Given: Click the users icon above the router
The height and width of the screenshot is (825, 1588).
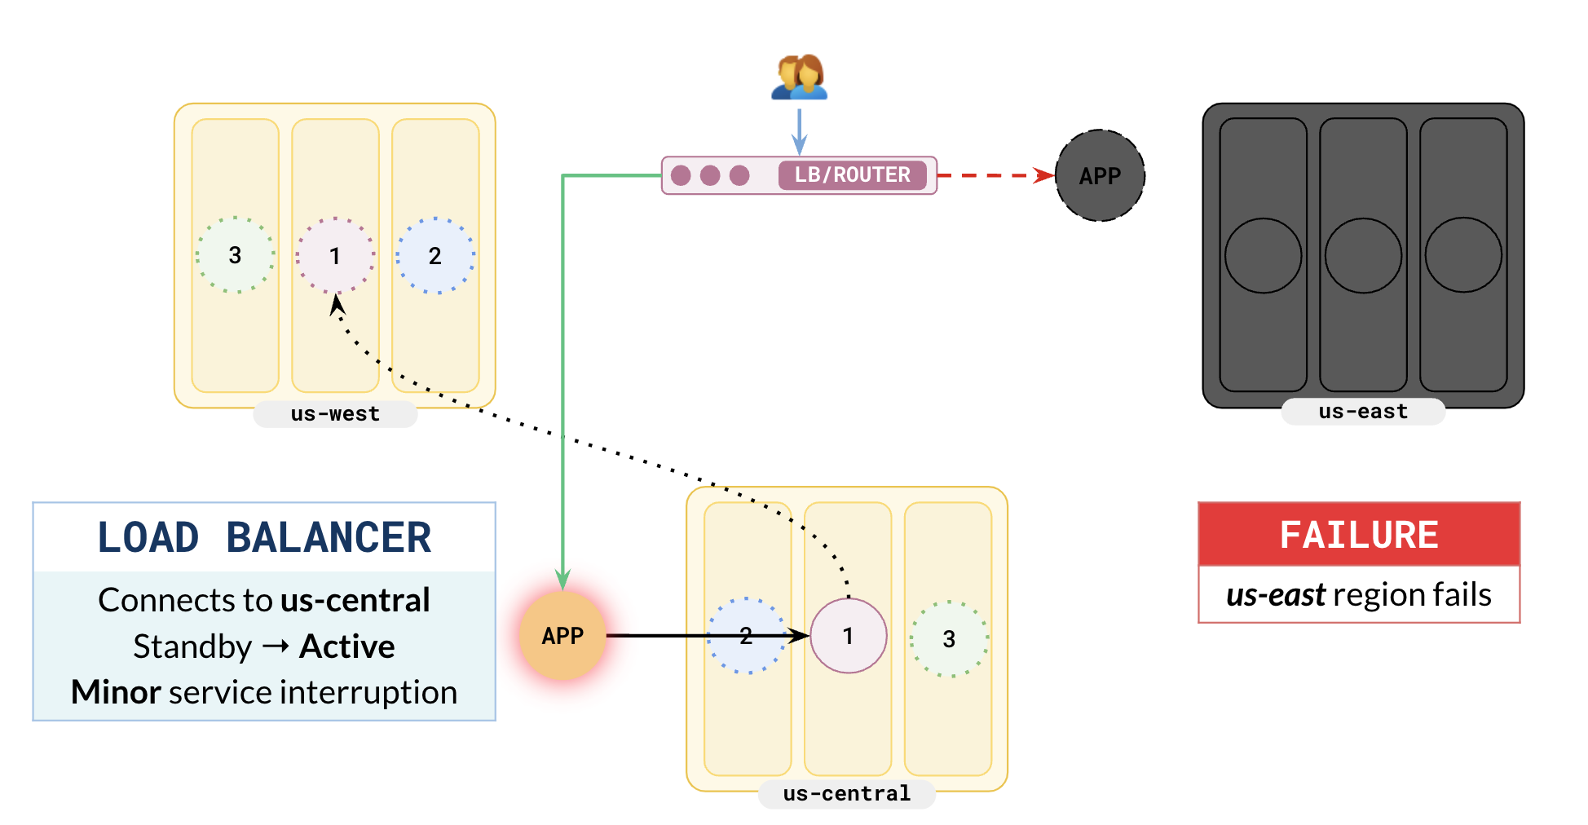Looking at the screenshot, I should coord(799,77).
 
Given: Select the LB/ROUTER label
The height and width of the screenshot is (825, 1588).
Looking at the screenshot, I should coord(852,175).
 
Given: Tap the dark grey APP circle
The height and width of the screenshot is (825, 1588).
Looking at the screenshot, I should coord(1100,175).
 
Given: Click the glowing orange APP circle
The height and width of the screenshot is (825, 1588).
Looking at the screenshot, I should coord(562,636).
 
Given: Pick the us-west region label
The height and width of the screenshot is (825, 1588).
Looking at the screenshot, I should coord(335,414).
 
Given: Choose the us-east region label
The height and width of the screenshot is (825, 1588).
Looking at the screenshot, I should coord(1363,412).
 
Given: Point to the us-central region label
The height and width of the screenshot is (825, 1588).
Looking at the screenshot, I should coord(846,794).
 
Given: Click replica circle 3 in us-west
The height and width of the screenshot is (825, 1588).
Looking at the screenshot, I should coord(235,255).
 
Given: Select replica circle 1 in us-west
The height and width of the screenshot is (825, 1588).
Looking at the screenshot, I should coord(335,255).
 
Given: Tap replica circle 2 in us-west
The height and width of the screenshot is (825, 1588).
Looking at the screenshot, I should coord(435,255).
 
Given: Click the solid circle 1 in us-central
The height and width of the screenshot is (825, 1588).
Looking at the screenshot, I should coord(848,636).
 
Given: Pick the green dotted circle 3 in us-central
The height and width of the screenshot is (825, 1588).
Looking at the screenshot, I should coord(949,639).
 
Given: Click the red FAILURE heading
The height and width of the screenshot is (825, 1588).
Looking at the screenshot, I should coord(1359,535).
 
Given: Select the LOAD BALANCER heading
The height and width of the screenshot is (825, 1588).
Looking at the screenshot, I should coord(264,538).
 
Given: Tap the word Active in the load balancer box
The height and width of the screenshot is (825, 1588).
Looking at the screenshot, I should coord(347,646).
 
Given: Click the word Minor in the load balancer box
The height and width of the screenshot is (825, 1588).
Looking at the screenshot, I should coord(116,692).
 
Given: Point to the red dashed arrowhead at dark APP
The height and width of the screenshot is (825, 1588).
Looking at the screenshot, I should coord(1045,175).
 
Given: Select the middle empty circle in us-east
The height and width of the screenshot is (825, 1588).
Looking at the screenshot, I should coord(1363,255).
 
